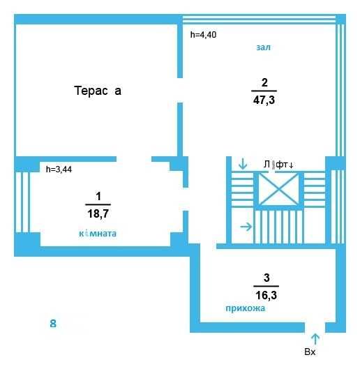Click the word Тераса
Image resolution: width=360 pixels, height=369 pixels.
[x=98, y=91]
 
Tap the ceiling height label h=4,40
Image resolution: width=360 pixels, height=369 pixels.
[x=203, y=35]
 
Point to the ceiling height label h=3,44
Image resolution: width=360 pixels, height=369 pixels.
[x=59, y=170]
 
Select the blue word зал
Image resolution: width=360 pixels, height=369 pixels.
[x=263, y=47]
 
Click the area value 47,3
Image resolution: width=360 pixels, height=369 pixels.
[x=264, y=100]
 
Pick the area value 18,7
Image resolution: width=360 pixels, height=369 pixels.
[x=98, y=213]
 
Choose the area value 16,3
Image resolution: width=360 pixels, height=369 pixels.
[x=267, y=295]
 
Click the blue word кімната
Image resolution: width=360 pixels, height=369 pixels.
[x=98, y=234]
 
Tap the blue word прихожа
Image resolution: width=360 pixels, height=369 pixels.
[x=245, y=308]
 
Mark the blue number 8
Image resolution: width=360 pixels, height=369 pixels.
[x=53, y=324]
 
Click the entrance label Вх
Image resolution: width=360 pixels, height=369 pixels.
[x=310, y=352]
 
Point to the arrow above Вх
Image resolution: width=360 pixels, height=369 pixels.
[x=315, y=339]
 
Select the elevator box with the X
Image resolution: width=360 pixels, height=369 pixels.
[x=278, y=189]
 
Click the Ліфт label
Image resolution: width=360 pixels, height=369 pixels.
[x=278, y=165]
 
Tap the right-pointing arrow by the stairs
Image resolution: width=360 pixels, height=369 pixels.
[x=246, y=227]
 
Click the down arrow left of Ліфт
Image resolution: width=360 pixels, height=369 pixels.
[x=243, y=164]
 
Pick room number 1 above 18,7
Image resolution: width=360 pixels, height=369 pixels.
[x=98, y=196]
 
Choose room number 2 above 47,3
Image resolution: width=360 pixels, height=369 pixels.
[x=264, y=82]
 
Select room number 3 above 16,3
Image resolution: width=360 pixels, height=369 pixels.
[x=267, y=278]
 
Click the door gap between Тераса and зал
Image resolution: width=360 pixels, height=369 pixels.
[x=180, y=90]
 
